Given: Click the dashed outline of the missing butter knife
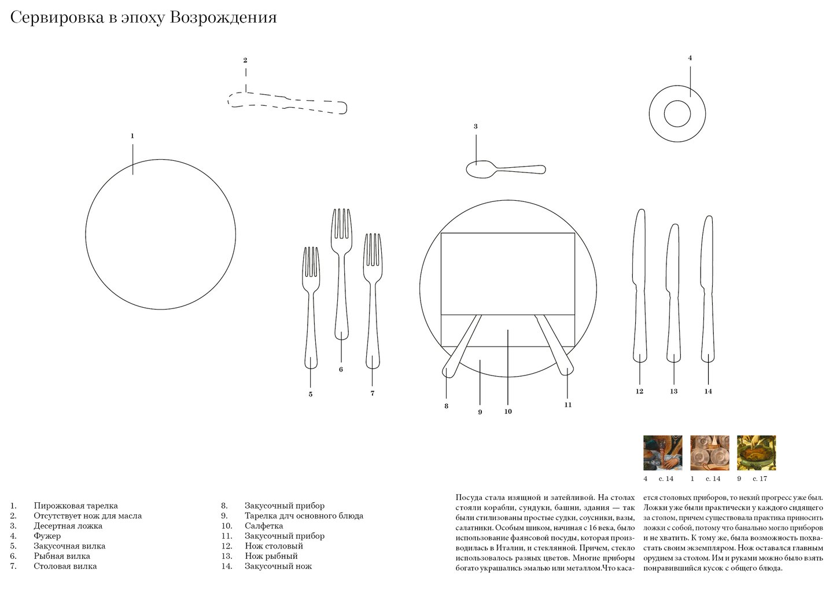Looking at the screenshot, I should pyautogui.click(x=288, y=102).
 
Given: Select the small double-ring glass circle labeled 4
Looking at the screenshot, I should pyautogui.click(x=677, y=113).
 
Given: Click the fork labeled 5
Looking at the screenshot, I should pyautogui.click(x=311, y=307).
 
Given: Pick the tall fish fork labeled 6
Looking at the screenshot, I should pyautogui.click(x=341, y=272).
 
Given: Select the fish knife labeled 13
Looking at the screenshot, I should pyautogui.click(x=673, y=295).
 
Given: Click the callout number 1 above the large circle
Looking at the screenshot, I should pyautogui.click(x=132, y=136).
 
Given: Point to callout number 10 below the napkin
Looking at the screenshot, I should pyautogui.click(x=508, y=412).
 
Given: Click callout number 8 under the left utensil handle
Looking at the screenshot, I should pyautogui.click(x=446, y=406).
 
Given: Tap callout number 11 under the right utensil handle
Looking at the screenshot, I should pyautogui.click(x=567, y=405).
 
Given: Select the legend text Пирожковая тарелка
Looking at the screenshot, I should pyautogui.click(x=76, y=506).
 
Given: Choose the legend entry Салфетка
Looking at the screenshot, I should pyautogui.click(x=264, y=526).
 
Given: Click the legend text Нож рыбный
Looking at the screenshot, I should pyautogui.click(x=271, y=556).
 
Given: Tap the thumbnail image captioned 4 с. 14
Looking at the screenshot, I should pyautogui.click(x=662, y=453).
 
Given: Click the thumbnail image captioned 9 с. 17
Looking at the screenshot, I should pyautogui.click(x=756, y=453).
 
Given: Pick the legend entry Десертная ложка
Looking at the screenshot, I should pyautogui.click(x=68, y=526).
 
